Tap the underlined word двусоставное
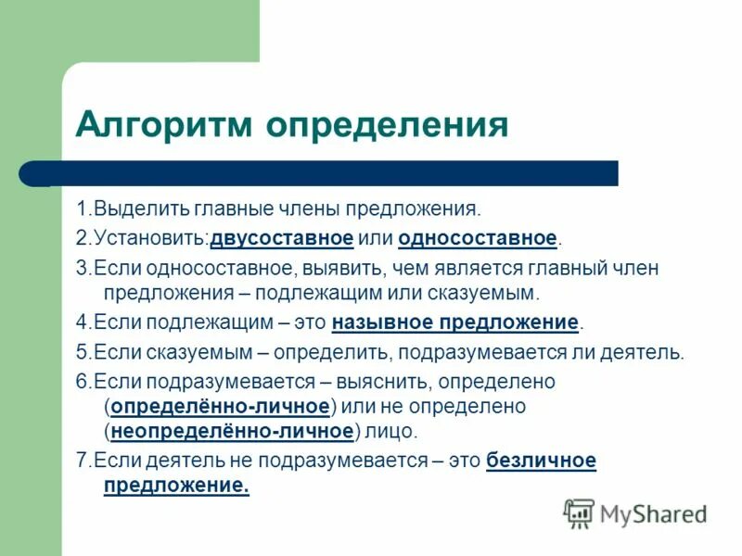282,239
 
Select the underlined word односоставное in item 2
478,239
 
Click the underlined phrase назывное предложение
454,323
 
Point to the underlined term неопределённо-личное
233,431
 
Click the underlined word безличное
541,461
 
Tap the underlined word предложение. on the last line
176,486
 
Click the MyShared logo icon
579,512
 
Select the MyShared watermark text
654,513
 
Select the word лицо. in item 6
390,431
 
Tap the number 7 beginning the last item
80,461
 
